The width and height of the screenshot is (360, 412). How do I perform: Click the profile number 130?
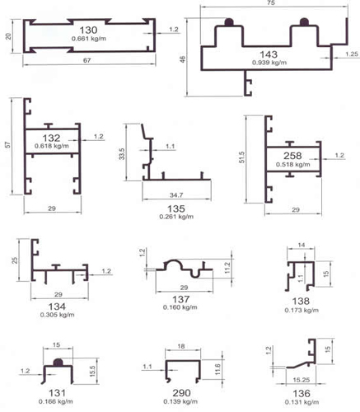coord(88,30)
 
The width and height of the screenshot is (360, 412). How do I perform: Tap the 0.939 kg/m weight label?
coord(269,63)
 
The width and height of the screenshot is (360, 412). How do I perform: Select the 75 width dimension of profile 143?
coord(271,2)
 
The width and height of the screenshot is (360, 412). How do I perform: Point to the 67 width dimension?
coord(86,60)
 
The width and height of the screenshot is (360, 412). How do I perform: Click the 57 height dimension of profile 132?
coord(8,145)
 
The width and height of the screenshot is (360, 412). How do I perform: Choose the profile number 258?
coord(292,156)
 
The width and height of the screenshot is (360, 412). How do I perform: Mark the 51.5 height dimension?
coord(241,157)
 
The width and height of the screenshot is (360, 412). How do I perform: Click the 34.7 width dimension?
coord(176,195)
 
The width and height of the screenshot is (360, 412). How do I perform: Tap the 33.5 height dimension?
coord(122,154)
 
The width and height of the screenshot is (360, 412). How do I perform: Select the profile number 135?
coord(176,208)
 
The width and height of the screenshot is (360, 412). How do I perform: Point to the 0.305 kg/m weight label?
coord(57,315)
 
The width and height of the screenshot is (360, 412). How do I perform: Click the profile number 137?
coord(180,299)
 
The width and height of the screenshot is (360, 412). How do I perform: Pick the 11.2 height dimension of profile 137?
coord(227,268)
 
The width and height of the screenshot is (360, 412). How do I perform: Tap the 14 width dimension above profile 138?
coord(302,245)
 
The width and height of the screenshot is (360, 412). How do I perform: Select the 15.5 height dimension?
coord(92,371)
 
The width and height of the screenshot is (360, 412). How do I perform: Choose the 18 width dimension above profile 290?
coord(181,346)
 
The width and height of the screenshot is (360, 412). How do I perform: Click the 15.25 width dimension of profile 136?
coord(302,380)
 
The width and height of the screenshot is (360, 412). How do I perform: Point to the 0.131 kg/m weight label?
coord(302,402)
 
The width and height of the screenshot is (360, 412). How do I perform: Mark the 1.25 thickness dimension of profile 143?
coord(352,54)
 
